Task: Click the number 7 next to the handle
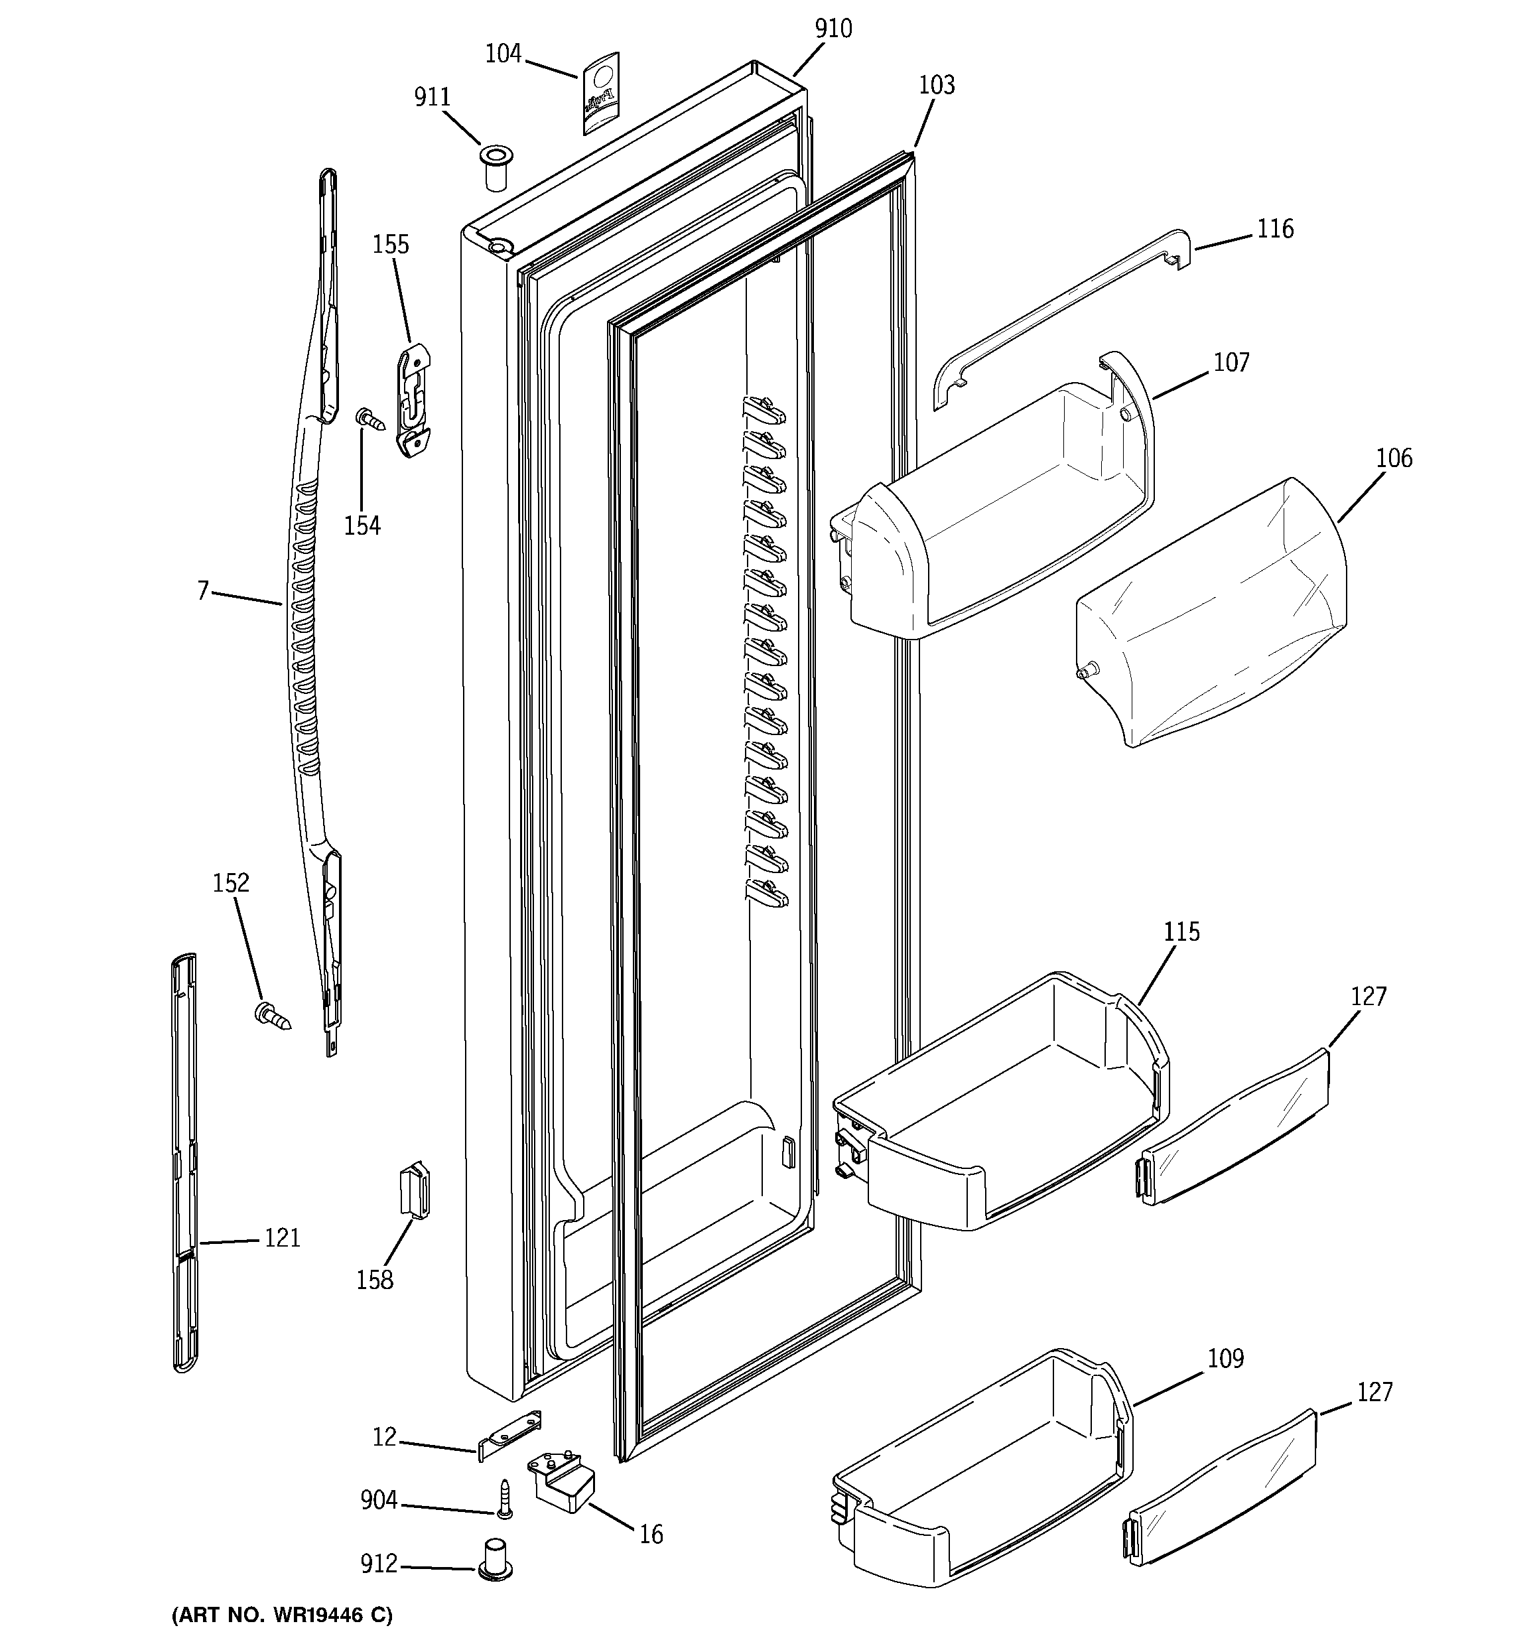[203, 591]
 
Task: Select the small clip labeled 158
[415, 1190]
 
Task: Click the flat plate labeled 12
[509, 1436]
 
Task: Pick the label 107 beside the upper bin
[1231, 363]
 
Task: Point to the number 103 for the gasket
[936, 85]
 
